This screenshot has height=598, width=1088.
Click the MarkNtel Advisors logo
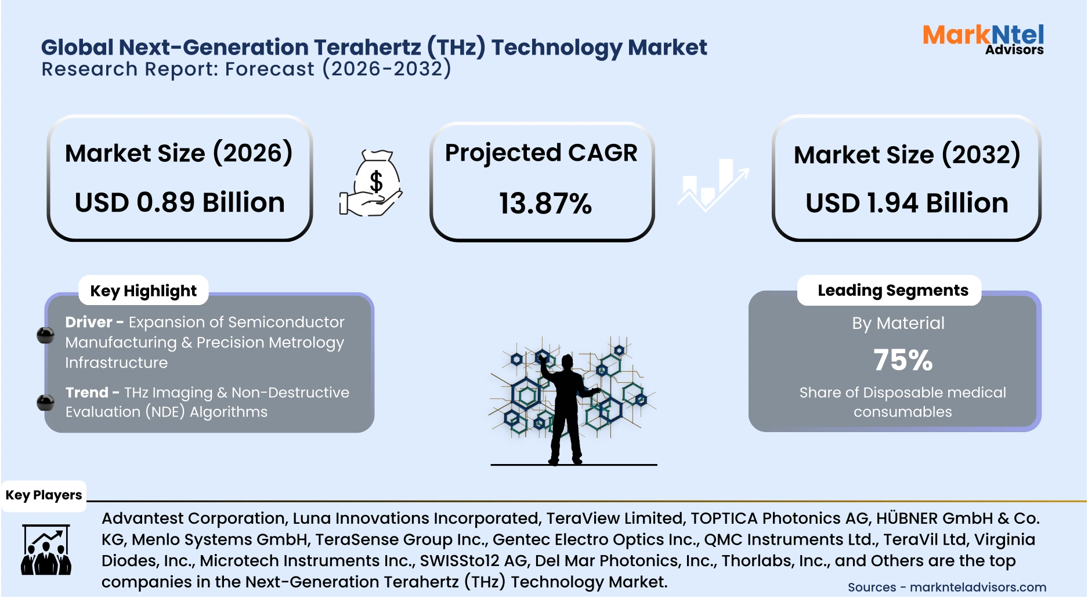point(983,39)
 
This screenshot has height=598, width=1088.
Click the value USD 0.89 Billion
point(180,202)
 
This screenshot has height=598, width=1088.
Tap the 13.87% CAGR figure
point(545,204)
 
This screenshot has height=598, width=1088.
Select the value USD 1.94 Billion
point(906,203)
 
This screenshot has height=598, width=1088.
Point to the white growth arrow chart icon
point(713,184)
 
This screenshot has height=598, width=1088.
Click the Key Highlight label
point(143,291)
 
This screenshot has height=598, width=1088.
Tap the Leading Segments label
point(892,290)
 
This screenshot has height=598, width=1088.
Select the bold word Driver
point(88,322)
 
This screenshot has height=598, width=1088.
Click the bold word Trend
point(86,393)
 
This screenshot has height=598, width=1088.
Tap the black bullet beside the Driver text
point(45,335)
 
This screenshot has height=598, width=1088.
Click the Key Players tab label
point(44,495)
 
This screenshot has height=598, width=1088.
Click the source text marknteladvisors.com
point(977,587)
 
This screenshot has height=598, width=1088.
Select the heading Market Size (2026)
point(179,153)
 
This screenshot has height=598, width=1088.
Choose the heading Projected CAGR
point(541,153)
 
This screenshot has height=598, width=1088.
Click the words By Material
point(898,323)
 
